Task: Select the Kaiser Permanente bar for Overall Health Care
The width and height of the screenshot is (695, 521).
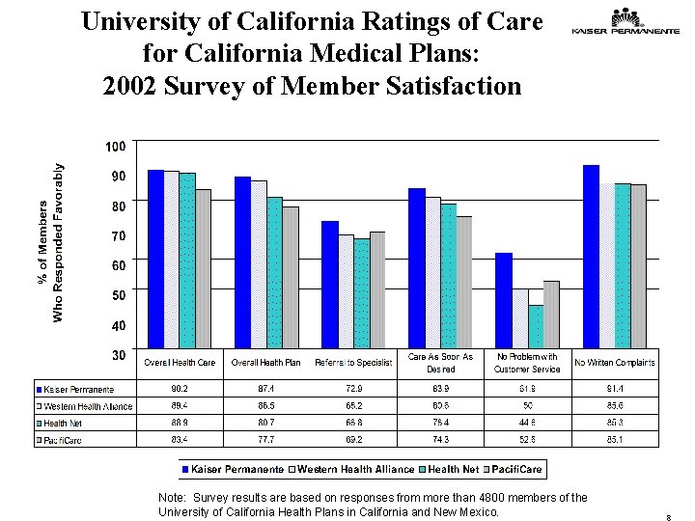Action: (x=155, y=259)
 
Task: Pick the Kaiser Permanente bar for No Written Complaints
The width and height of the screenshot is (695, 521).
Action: (x=591, y=257)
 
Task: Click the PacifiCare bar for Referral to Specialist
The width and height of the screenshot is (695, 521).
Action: (x=377, y=289)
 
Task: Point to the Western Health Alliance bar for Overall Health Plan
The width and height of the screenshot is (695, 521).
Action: (x=260, y=263)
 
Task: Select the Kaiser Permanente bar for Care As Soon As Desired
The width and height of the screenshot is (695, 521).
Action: (x=417, y=267)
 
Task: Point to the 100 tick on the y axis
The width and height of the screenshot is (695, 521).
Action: (x=116, y=147)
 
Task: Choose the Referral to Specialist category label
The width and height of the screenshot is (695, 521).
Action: (x=353, y=363)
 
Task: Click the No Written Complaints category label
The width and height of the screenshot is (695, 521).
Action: (x=615, y=363)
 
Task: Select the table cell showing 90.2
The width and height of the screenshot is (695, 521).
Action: (x=181, y=389)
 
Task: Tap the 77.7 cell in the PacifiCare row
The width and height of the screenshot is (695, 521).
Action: (x=266, y=440)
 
